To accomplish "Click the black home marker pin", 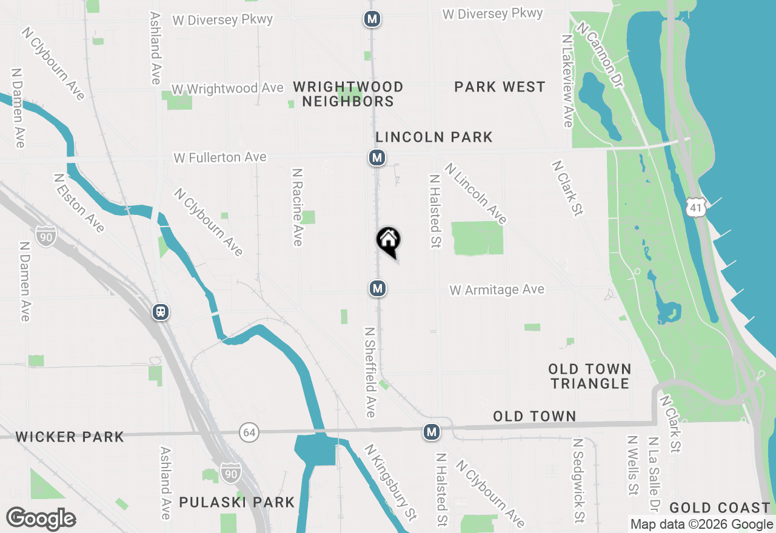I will click(388, 241).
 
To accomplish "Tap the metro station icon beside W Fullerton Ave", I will click(377, 158).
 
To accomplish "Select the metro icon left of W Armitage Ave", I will click(378, 288).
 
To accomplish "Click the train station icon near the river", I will click(161, 311).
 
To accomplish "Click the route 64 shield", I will click(248, 432).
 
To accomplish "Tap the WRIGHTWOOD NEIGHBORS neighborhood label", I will click(348, 94).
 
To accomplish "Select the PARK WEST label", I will click(500, 87).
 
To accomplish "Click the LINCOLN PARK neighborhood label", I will click(433, 137).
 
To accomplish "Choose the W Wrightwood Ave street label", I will click(227, 88).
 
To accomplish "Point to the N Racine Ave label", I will click(297, 207).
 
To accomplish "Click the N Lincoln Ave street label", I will click(476, 193).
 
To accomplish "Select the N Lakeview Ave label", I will click(567, 81).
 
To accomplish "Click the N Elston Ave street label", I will click(79, 203).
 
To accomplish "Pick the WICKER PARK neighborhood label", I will click(70, 437).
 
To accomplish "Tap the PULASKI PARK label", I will click(236, 502).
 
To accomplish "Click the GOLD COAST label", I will click(720, 508).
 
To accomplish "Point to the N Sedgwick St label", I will click(578, 480).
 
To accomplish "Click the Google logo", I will click(41, 519).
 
